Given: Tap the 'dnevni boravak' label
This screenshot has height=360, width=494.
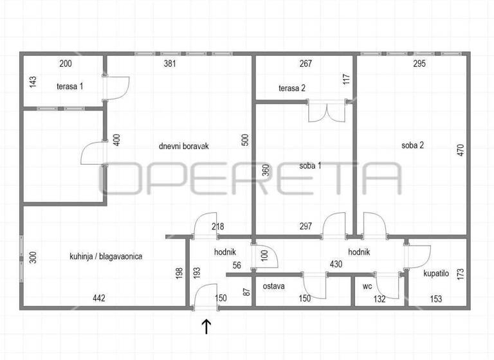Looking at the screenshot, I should coord(184,146).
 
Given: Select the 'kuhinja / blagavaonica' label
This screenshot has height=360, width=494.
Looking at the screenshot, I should coord(106,256).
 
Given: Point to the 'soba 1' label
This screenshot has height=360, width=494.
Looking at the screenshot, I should coord(310,165).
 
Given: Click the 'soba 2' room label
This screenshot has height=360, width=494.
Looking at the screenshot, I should coord(412,145).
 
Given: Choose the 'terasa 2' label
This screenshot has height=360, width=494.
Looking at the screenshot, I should coord(292,88).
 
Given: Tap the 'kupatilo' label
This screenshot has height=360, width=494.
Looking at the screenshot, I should coord(437,273).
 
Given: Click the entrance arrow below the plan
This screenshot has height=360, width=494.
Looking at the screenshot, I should coord(206,327).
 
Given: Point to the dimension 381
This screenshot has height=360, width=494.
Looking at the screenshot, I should coord(170,64).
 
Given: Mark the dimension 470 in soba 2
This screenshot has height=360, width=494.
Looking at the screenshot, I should coord(461,150).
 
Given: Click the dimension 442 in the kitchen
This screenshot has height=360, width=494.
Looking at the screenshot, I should coord(98,298).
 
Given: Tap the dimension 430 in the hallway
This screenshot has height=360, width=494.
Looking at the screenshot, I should coord(318,264).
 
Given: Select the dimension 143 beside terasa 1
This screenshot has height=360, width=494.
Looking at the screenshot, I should coord(31,84).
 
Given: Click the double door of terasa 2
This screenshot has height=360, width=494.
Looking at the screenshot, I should coord(327,111).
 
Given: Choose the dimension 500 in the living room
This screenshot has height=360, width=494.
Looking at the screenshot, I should coord(245,141).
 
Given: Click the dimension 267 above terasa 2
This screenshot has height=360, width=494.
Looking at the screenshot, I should coord(306,64).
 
